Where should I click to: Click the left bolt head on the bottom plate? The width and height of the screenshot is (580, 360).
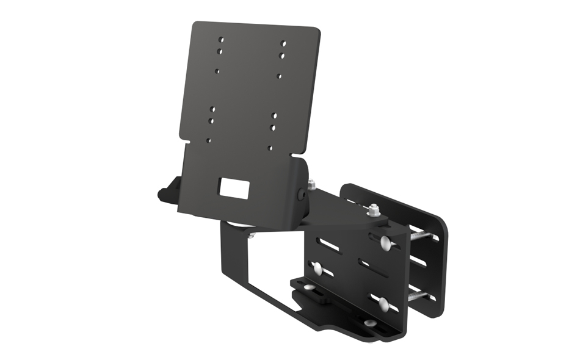309,286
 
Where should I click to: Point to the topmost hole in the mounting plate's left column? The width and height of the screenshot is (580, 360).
222,40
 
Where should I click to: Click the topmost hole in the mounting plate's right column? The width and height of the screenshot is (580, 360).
284,43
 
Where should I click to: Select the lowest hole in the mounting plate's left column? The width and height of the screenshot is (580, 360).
208,140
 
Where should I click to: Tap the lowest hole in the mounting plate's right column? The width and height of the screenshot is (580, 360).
270,148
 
